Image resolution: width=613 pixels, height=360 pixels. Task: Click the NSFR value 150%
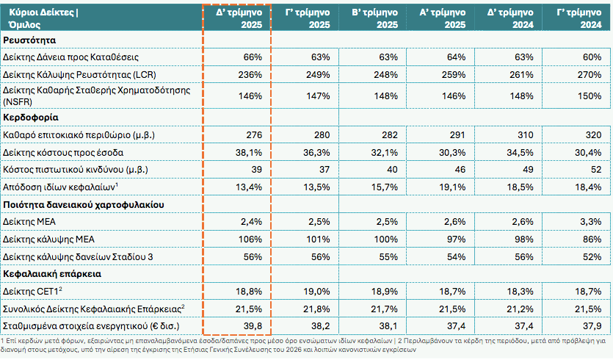pyautogui.click(x=588, y=96)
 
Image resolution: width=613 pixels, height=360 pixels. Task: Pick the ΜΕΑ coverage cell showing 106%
pyautogui.click(x=250, y=239)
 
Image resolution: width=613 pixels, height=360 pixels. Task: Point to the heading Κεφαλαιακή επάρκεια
pyautogui.click(x=52, y=273)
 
